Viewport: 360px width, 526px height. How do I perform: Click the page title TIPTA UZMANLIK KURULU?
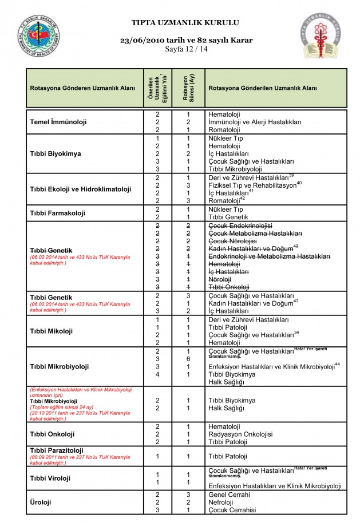185,23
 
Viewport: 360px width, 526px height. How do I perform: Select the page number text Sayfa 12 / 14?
186,49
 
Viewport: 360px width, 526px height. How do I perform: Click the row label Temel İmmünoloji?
58,122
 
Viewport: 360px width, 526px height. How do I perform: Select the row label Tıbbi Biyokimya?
56,153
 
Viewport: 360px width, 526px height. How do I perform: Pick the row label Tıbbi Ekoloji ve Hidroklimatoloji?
81,189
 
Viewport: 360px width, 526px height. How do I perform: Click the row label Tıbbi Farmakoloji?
57,213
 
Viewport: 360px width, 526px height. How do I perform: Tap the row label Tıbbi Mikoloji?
52,331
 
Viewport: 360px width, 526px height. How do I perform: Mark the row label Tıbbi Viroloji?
50,477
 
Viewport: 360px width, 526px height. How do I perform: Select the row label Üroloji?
41,502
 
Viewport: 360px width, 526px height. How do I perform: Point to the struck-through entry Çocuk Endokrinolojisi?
240,226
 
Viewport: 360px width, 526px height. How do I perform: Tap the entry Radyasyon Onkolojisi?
240,434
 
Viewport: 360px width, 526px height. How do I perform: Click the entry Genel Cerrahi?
229,494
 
